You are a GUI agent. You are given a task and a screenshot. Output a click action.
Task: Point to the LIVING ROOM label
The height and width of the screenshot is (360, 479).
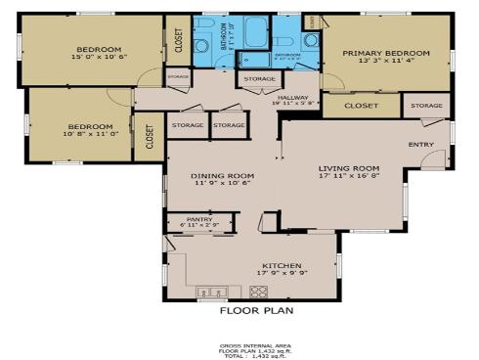tap(349, 168)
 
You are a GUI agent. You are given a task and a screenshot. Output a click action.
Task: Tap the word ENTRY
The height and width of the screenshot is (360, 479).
tap(421, 145)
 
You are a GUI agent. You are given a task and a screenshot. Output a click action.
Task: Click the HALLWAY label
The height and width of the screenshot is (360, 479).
tap(292, 97)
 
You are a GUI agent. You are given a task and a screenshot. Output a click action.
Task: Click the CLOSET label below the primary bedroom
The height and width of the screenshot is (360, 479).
tap(361, 105)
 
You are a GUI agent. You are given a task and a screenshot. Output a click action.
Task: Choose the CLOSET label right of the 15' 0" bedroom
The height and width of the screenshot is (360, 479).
tap(178, 40)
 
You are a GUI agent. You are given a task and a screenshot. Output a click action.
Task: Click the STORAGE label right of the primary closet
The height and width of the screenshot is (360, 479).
tap(426, 105)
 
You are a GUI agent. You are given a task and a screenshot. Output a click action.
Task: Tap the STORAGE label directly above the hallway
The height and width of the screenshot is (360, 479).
tap(259, 78)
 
